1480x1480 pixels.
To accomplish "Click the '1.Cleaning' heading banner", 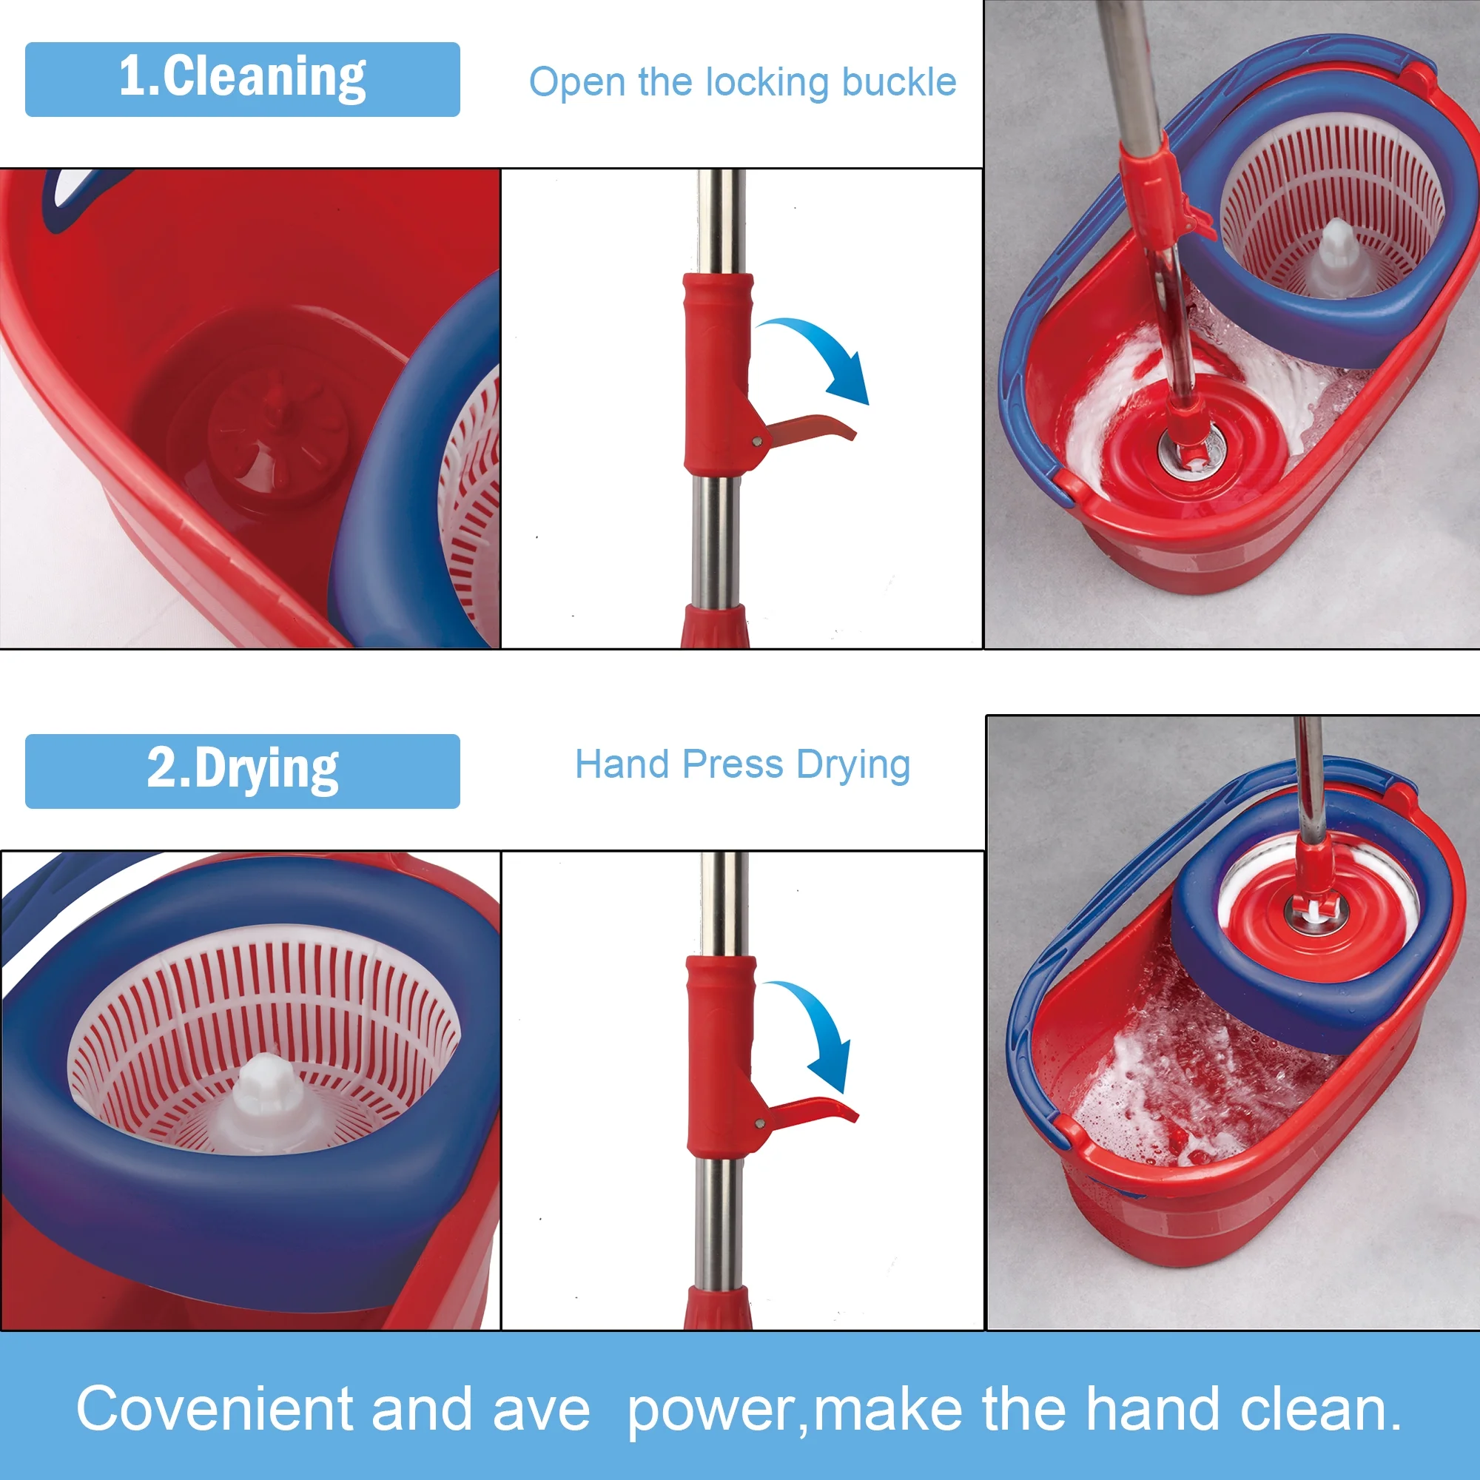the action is coord(242,80).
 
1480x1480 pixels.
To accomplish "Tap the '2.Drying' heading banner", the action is coord(242,771).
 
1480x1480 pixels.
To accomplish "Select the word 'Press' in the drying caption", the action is coord(733,764).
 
